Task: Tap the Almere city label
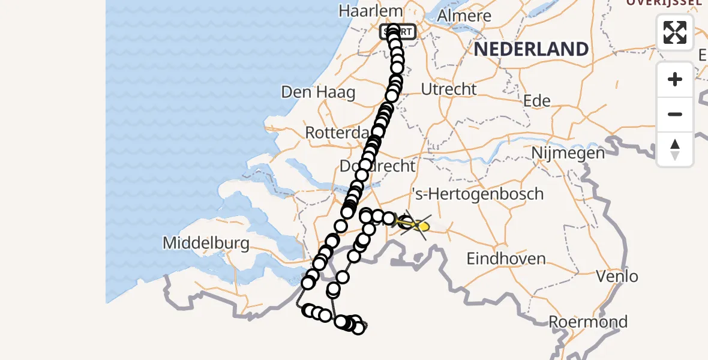click(x=464, y=16)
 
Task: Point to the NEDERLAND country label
click(x=531, y=49)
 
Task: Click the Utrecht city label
click(x=449, y=89)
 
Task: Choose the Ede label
click(x=537, y=101)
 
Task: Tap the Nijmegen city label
click(x=568, y=153)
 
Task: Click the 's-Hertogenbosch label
click(x=478, y=194)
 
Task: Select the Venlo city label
click(x=617, y=277)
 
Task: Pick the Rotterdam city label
click(x=336, y=133)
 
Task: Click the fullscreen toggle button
click(x=675, y=32)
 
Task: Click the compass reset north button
click(x=675, y=149)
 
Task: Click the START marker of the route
click(x=397, y=32)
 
